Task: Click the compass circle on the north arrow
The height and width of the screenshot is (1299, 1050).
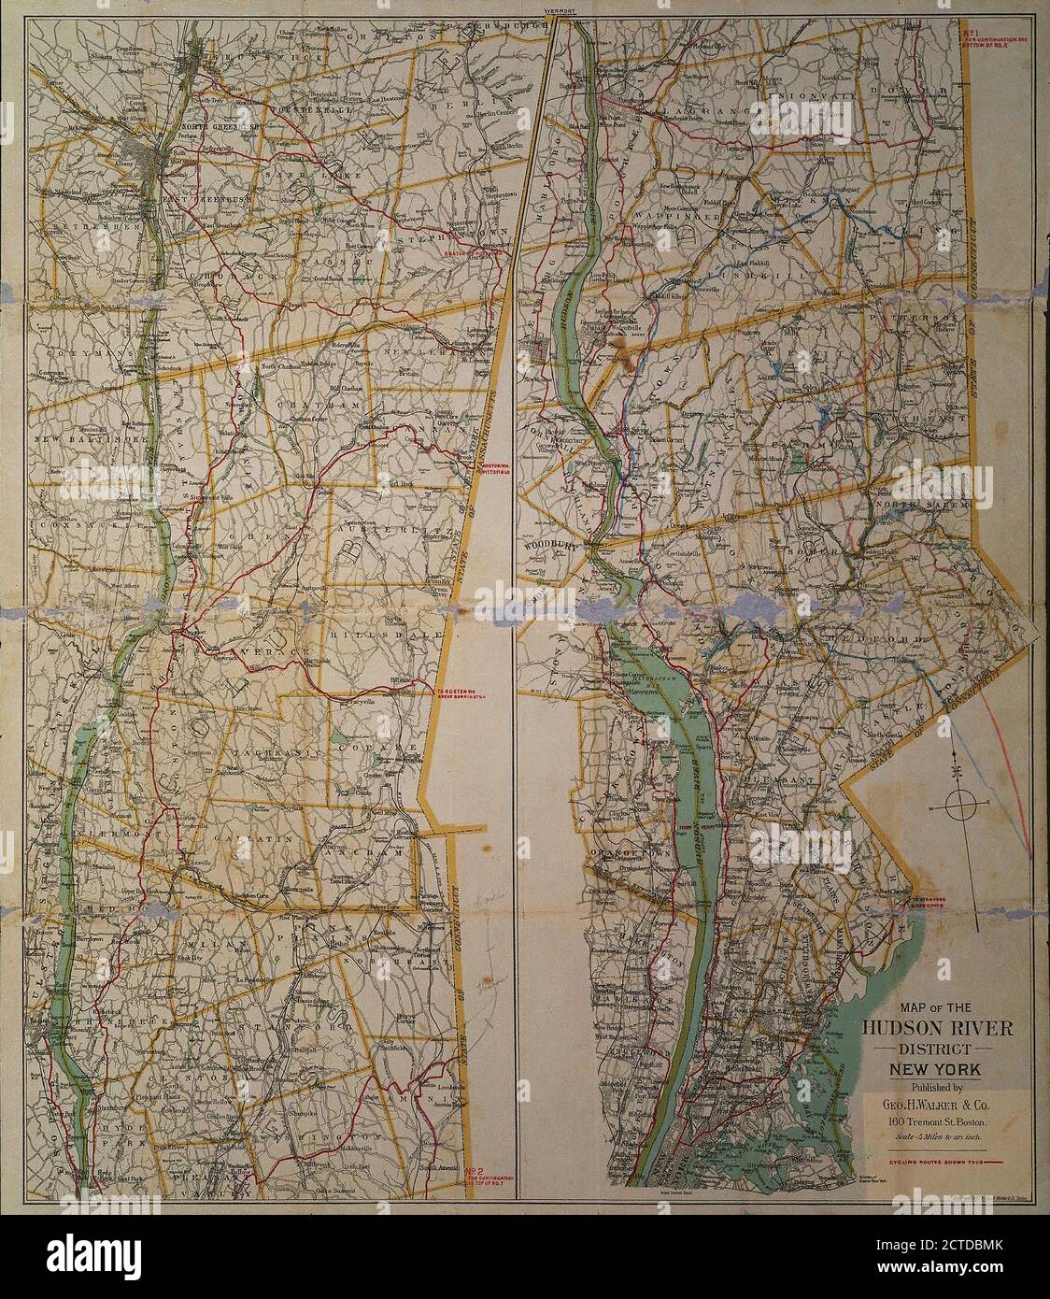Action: [960, 803]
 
